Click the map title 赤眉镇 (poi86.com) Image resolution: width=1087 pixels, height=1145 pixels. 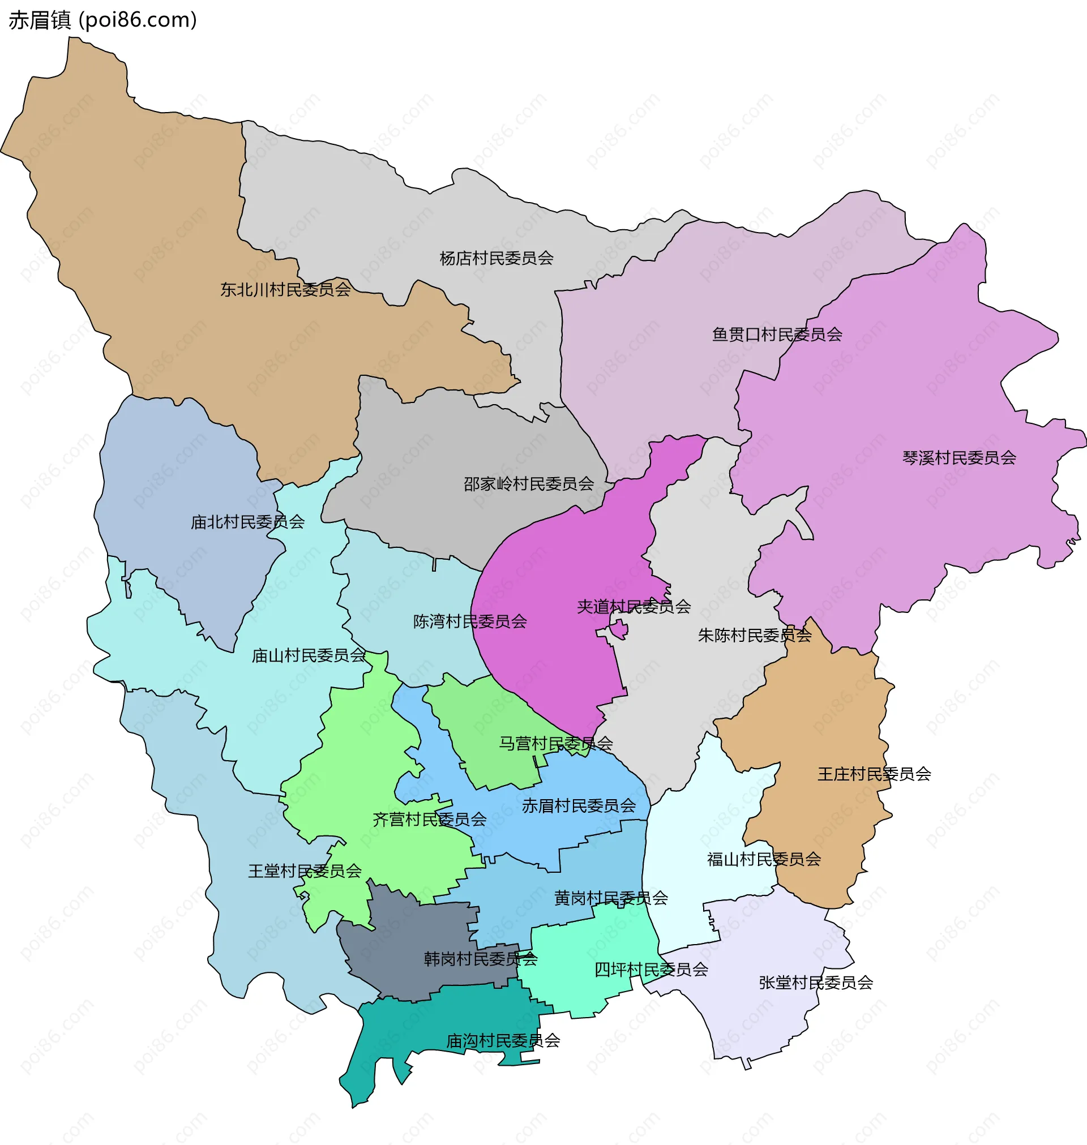[x=103, y=20]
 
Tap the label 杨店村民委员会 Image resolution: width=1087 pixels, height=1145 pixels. [x=496, y=258]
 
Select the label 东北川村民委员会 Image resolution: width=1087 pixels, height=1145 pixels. [x=285, y=290]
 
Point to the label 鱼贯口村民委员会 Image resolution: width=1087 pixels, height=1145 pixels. [x=776, y=335]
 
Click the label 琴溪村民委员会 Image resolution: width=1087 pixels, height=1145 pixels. [x=959, y=458]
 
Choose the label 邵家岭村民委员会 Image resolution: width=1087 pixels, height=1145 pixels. [x=528, y=483]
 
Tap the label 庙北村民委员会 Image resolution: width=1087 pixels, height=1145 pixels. [x=247, y=522]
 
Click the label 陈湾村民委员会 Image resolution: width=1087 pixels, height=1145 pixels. [x=470, y=622]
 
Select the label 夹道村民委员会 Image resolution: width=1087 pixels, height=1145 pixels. [x=634, y=607]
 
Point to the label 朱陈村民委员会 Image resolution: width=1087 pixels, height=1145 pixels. [x=755, y=636]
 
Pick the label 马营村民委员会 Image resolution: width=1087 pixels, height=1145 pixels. [x=555, y=744]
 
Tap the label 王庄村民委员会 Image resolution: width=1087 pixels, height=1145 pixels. [x=874, y=774]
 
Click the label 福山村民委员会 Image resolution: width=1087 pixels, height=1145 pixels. [x=764, y=860]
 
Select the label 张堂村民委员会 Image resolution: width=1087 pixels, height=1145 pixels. [x=816, y=983]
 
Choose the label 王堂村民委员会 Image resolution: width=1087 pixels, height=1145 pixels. [x=305, y=872]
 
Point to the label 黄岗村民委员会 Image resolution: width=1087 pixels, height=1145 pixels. [x=611, y=898]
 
